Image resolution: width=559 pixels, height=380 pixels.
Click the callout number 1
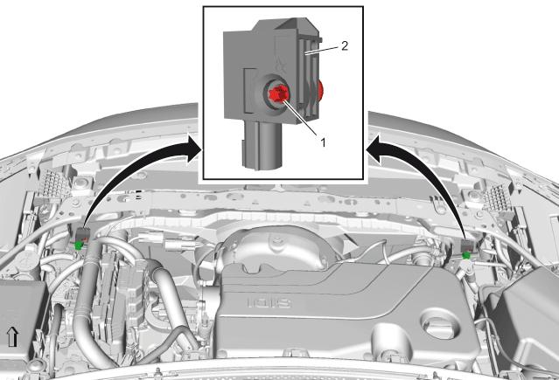323,142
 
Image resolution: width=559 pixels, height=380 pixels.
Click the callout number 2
345,46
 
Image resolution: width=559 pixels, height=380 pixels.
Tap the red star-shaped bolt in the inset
278,94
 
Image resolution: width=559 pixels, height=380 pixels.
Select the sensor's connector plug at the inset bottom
262,144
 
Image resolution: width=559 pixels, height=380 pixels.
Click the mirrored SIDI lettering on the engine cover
269,303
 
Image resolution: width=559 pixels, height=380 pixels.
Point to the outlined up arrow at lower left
12,337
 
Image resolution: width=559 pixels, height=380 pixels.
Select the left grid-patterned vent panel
53,184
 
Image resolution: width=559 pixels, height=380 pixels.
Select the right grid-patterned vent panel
500,197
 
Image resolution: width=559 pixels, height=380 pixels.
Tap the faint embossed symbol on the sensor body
282,66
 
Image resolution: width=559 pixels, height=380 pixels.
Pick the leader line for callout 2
322,50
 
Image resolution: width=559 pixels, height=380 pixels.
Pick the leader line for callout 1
300,118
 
